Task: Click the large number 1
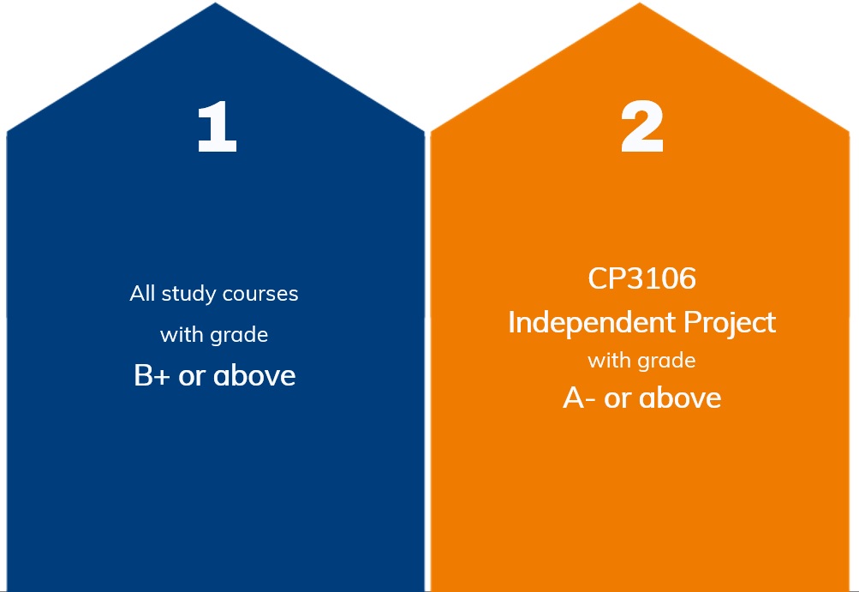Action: coord(217,127)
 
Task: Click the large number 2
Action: coord(642,127)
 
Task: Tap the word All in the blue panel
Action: coord(142,293)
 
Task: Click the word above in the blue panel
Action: coord(254,375)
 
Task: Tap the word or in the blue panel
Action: coord(192,377)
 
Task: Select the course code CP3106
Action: coord(642,278)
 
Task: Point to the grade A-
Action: coord(579,398)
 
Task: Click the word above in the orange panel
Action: coord(680,398)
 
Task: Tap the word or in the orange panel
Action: coord(617,399)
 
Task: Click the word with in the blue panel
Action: coord(182,334)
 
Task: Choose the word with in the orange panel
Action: coord(609,360)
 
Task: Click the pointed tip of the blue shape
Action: coord(215,3)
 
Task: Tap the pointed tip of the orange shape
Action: coord(639,3)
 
